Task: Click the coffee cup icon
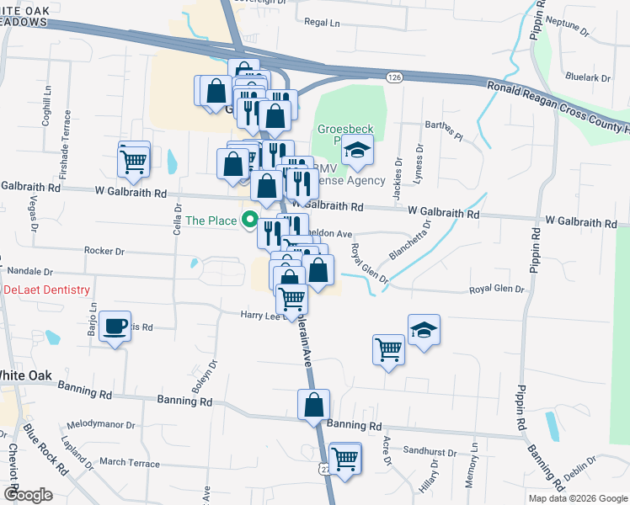115,325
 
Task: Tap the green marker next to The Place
249,221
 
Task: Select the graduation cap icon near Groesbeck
357,151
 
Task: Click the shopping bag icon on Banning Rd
313,404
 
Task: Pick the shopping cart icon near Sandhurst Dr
345,458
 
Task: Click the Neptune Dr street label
567,25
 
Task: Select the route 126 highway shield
393,77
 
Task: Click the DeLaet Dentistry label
46,290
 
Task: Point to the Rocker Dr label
104,251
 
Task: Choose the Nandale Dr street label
30,272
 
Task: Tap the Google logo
28,495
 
